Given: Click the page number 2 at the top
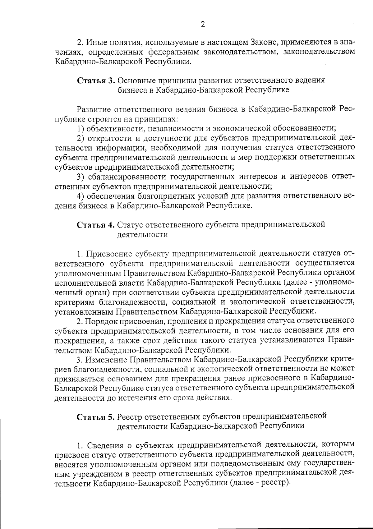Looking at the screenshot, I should (203, 25).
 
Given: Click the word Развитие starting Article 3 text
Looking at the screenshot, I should (94, 109).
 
